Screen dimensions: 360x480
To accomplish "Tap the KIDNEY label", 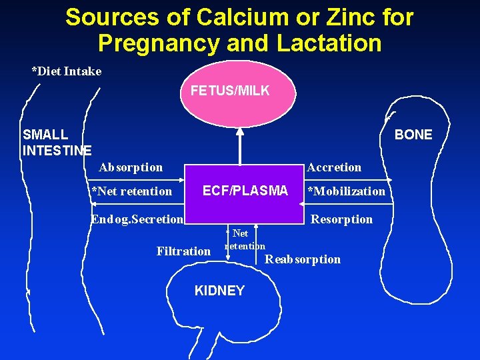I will click(x=219, y=291).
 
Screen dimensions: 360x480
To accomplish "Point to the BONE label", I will click(x=413, y=135).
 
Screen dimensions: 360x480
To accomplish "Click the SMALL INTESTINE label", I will click(x=57, y=143).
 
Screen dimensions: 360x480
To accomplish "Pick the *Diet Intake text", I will click(x=67, y=71).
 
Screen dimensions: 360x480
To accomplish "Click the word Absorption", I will click(x=131, y=167).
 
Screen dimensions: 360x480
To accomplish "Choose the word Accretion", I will click(x=334, y=167).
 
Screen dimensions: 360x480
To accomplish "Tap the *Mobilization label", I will click(x=346, y=191).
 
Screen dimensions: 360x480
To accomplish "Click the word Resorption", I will click(x=342, y=219).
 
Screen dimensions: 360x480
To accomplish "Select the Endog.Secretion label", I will click(x=137, y=219).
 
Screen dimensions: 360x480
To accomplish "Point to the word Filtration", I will click(x=183, y=251).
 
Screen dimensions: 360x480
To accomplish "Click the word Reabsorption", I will click(x=303, y=259).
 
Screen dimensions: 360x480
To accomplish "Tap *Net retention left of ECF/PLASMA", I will click(x=132, y=191).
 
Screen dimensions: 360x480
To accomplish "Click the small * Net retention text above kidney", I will click(x=245, y=240).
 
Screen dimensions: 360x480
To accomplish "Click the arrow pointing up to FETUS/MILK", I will click(x=241, y=144).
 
